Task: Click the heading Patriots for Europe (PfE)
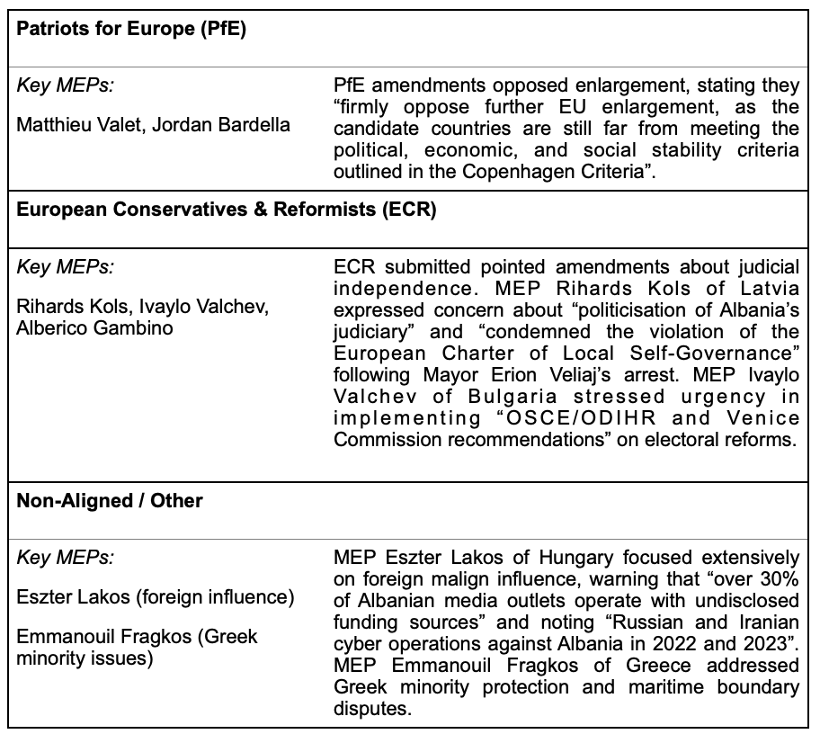(131, 28)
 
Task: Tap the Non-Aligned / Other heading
(110, 501)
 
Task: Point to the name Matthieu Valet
(79, 124)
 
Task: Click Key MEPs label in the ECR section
(66, 267)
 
